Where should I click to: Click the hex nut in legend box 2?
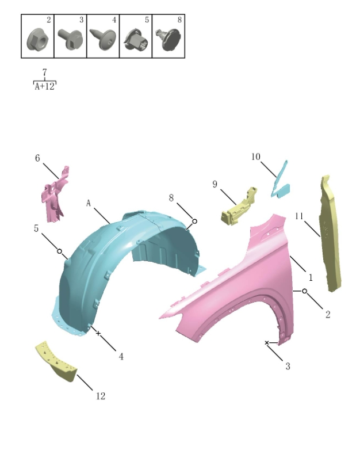point(36,39)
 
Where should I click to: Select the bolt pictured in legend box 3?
point(68,39)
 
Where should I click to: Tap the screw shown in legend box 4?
point(101,39)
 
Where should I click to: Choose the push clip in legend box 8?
point(168,39)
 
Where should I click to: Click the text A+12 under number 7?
point(45,87)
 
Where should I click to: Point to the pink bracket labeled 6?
point(54,193)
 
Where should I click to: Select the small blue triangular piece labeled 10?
point(282,181)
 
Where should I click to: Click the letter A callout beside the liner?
point(89,203)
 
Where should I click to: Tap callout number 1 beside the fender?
point(310,277)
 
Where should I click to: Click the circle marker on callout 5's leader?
point(59,251)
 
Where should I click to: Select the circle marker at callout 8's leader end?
point(194,221)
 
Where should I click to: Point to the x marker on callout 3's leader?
point(267,343)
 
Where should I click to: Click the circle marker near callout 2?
point(304,292)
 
